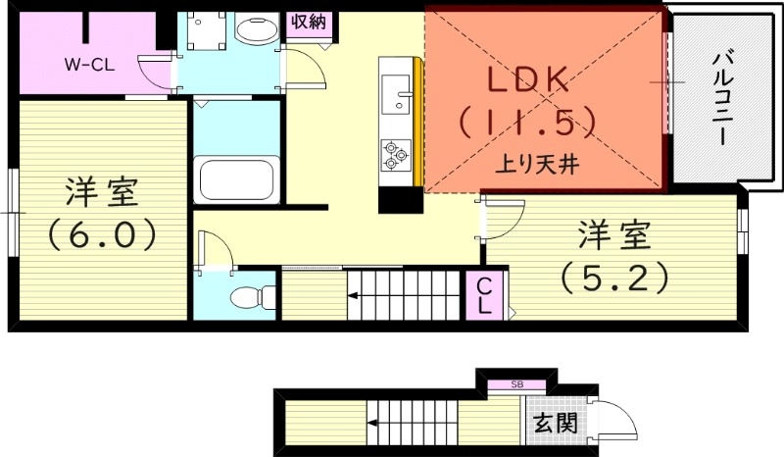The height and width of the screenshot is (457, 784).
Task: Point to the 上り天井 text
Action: click(x=538, y=165)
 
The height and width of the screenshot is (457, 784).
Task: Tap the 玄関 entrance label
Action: click(x=555, y=424)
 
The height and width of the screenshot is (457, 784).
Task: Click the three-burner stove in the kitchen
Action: click(x=395, y=154)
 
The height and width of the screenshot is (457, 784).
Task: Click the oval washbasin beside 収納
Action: click(x=257, y=28)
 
